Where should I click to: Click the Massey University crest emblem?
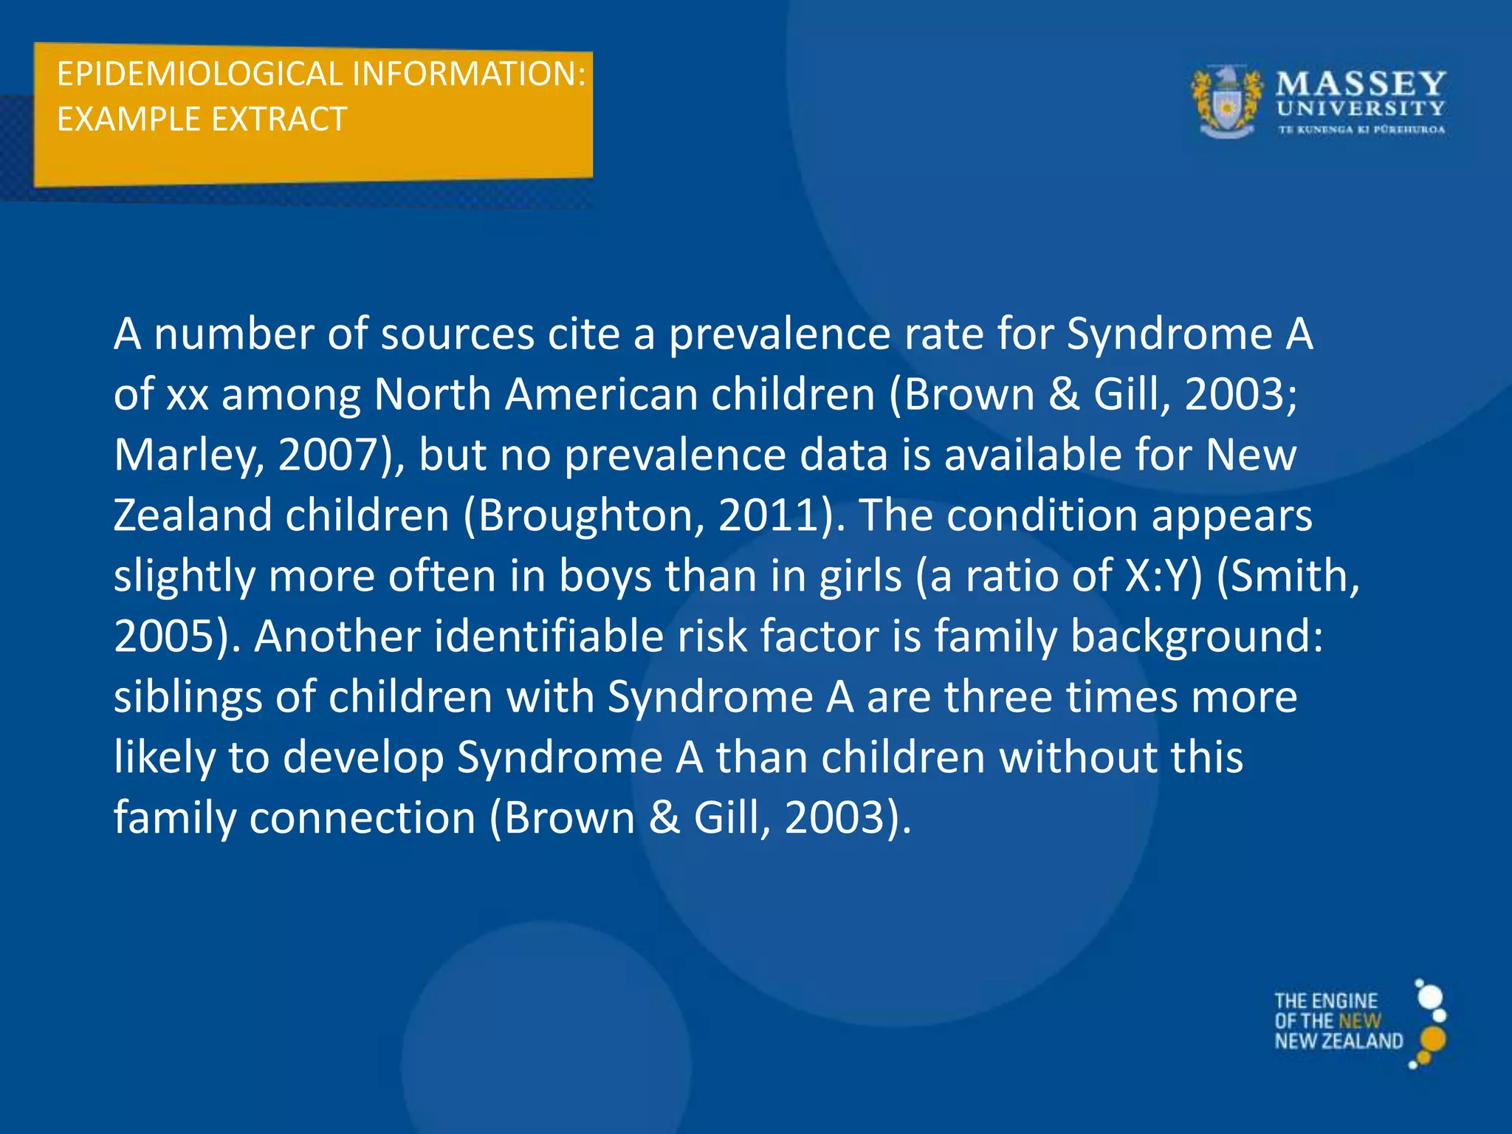pos(1226,103)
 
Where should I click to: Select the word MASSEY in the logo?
pos(1361,83)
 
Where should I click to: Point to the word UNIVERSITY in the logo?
pos(1361,109)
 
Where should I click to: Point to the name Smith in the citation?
pos(1292,576)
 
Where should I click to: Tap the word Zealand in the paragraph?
pos(193,515)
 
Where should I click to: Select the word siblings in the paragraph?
pos(188,697)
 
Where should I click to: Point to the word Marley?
pos(185,455)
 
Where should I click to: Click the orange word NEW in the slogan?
pos(1359,1021)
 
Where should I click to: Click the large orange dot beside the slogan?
pos(1433,1039)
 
